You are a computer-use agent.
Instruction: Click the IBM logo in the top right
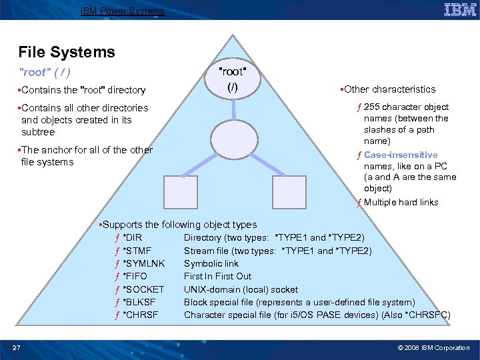459,10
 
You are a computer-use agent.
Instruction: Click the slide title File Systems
67,52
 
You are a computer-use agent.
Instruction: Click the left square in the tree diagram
181,193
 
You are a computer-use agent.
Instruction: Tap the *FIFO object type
135,276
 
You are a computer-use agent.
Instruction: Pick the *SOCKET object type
143,289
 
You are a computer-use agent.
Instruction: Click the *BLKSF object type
140,302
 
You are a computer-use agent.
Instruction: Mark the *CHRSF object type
140,315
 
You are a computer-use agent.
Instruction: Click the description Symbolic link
211,263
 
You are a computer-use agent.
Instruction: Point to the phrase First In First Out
217,276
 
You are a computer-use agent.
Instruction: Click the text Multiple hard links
401,202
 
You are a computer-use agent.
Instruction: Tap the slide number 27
17,347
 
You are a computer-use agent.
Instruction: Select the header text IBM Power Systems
123,11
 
